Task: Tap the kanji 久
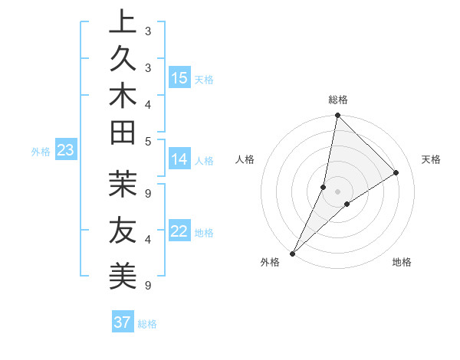coord(123,61)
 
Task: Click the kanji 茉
coord(123,186)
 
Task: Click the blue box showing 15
coord(179,78)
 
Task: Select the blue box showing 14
coord(179,159)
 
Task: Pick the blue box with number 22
coord(179,231)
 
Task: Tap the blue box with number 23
coord(65,150)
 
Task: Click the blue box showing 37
coord(123,322)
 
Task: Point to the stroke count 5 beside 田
coord(147,141)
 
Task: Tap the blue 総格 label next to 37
coord(148,324)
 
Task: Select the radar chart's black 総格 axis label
coord(338,100)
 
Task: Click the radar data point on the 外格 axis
coord(293,253)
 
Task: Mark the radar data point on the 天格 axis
coord(396,173)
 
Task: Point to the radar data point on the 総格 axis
coord(337,115)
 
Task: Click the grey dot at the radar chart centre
coord(337,191)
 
